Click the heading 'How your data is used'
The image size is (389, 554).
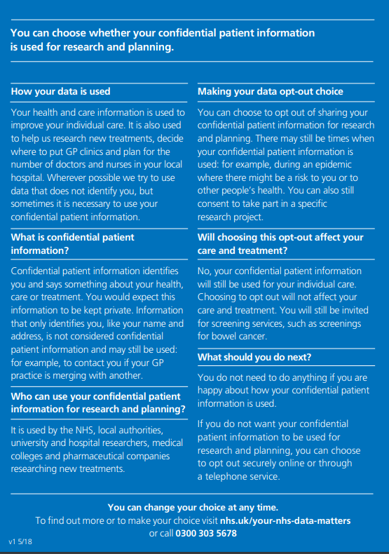60,91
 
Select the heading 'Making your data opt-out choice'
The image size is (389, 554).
271,91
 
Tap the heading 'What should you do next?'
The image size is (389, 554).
254,357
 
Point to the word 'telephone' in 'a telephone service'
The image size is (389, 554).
228,476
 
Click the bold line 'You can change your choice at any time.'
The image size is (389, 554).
193,507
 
